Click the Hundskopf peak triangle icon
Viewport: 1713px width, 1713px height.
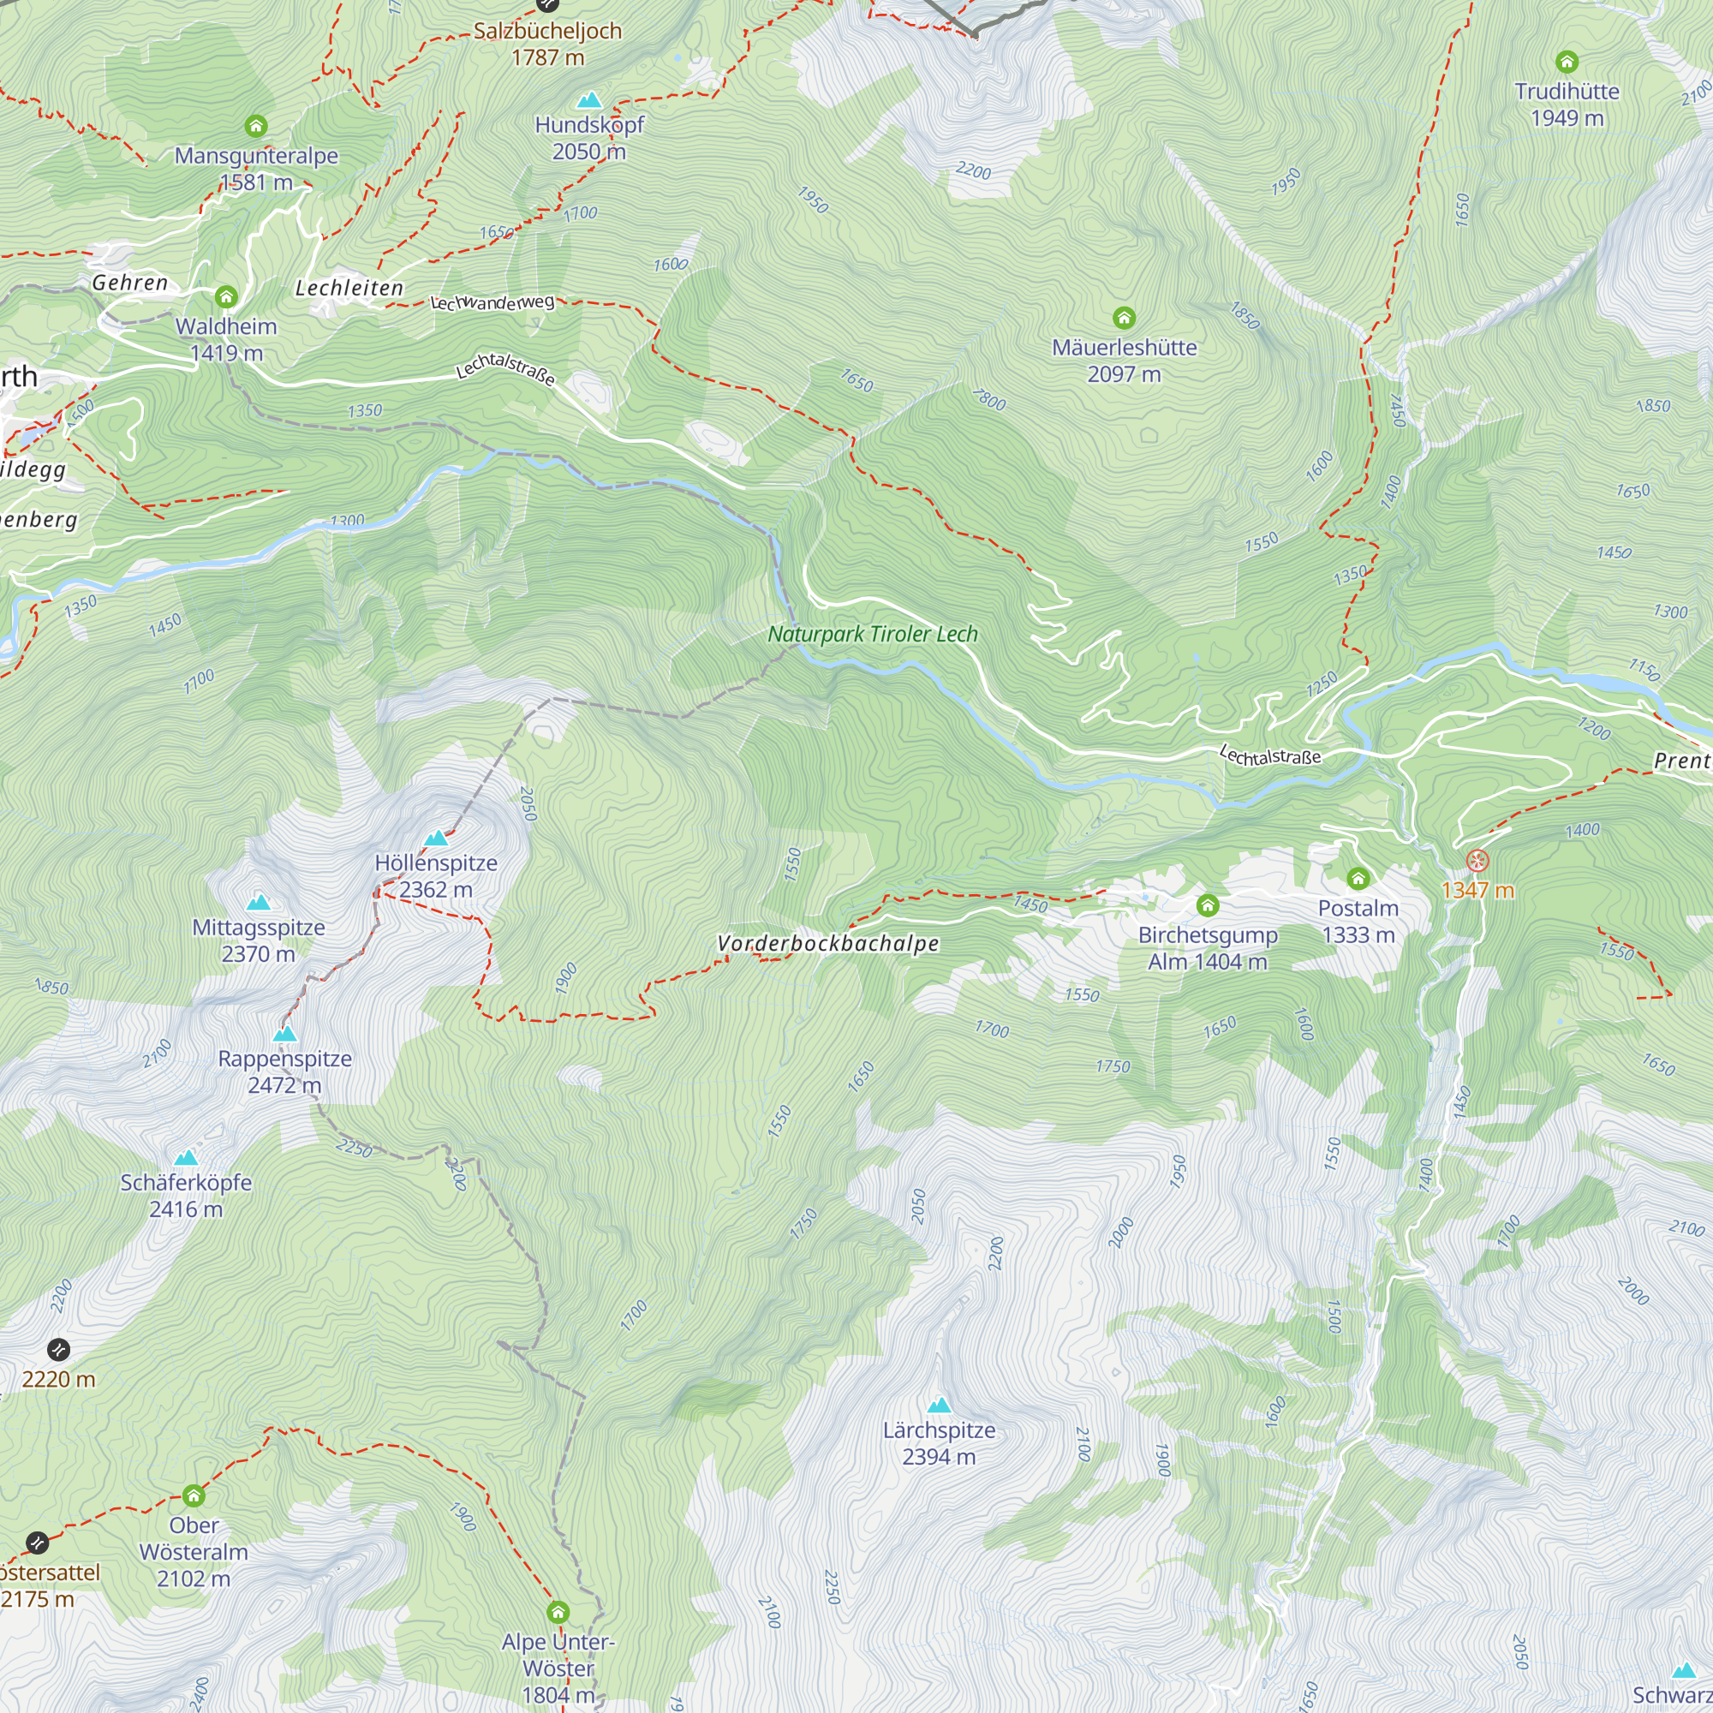[588, 99]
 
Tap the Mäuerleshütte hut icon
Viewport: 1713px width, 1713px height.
[1124, 318]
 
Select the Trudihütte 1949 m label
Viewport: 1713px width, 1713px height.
[1567, 104]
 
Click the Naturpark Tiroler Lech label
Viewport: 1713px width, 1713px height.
[873, 634]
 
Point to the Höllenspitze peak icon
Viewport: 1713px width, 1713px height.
[435, 838]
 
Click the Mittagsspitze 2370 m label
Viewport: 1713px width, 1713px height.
[258, 940]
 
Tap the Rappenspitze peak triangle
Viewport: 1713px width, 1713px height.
[284, 1034]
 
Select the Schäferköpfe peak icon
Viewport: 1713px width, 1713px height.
[185, 1158]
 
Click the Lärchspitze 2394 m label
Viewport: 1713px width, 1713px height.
[938, 1442]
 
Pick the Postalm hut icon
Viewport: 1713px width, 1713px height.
[1358, 879]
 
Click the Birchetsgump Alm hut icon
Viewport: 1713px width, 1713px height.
[1207, 905]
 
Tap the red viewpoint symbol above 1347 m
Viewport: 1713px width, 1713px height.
[1477, 860]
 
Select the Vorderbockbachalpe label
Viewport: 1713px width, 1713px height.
[827, 943]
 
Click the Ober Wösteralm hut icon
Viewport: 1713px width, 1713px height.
[194, 1496]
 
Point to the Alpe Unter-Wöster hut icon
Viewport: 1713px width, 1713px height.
[557, 1612]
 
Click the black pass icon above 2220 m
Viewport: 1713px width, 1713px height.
[58, 1351]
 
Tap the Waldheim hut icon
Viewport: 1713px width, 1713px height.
[226, 296]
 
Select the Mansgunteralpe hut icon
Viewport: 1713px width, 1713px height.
[255, 126]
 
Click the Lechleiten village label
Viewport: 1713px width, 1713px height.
[349, 288]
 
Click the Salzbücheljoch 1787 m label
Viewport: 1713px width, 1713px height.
[547, 44]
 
